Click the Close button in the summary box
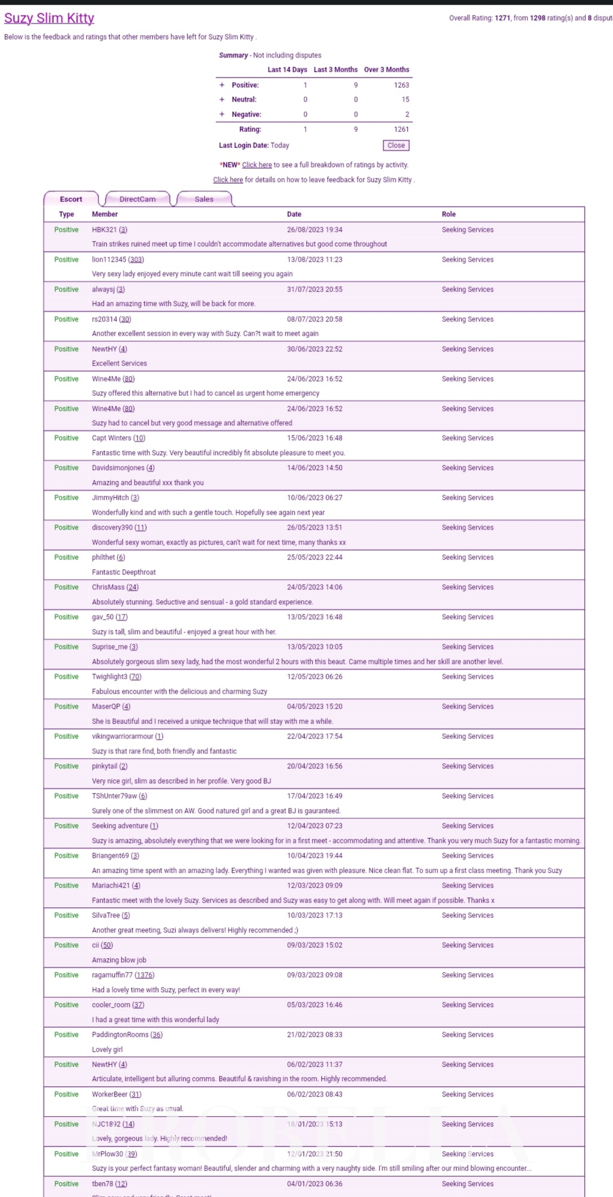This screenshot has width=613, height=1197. [x=396, y=146]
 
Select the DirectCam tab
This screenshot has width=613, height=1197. [x=138, y=199]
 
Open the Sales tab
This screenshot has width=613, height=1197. [x=204, y=199]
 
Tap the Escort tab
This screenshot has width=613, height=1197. [x=71, y=199]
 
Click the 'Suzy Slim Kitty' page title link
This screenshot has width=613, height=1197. [x=49, y=18]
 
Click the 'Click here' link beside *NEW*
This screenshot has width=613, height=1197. [x=257, y=165]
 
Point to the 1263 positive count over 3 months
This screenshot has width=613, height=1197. [x=401, y=85]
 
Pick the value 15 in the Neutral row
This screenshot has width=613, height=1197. [x=405, y=100]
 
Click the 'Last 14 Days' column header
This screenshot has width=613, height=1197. [x=287, y=70]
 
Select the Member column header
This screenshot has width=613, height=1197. [x=105, y=214]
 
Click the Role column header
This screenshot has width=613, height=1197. [x=448, y=214]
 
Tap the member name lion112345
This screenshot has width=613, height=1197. [x=109, y=259]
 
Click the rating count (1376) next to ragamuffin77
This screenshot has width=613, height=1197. [x=145, y=975]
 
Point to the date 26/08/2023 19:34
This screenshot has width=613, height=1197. [x=315, y=230]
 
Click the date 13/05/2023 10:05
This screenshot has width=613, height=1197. [x=315, y=647]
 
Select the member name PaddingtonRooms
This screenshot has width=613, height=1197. [x=120, y=1035]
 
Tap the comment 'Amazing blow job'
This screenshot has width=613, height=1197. [x=119, y=960]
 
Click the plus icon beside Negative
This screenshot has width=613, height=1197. [x=222, y=114]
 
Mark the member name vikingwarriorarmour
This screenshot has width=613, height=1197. [x=123, y=736]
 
